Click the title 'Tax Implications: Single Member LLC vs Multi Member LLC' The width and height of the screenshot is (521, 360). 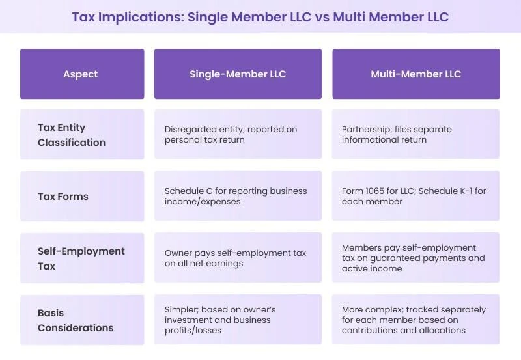tap(260, 16)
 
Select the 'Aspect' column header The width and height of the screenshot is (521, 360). tap(81, 74)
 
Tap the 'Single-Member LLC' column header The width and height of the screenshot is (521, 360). tap(238, 74)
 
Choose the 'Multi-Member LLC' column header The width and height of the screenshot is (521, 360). tap(415, 74)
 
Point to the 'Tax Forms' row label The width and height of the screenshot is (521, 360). tap(63, 196)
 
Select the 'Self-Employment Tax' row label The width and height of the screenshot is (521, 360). tap(81, 258)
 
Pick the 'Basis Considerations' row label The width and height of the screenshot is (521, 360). tap(75, 320)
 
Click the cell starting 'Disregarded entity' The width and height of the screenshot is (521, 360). tap(238, 134)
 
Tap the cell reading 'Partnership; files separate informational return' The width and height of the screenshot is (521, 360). tap(415, 134)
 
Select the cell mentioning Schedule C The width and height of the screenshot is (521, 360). tap(238, 196)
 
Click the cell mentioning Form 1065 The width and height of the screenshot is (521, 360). tap(415, 196)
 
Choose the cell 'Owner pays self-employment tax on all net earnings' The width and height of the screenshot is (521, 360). tap(238, 258)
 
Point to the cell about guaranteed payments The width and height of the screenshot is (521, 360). tap(415, 258)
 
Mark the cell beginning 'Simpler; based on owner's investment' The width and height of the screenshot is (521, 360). tap(238, 320)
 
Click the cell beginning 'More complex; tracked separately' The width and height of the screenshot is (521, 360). tap(415, 320)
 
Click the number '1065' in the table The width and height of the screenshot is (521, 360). tap(378, 191)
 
